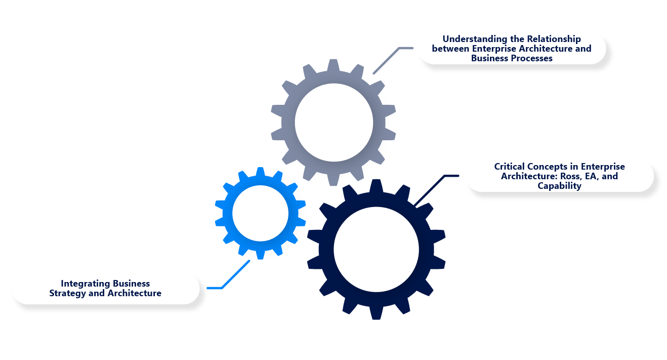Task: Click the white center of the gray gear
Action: click(334, 123)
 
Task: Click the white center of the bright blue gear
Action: click(260, 213)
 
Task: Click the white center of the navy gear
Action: click(376, 249)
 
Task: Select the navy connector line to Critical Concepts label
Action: click(430, 190)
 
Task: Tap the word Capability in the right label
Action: click(559, 186)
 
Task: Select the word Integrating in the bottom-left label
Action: click(83, 283)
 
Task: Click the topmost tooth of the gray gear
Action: click(333, 65)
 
